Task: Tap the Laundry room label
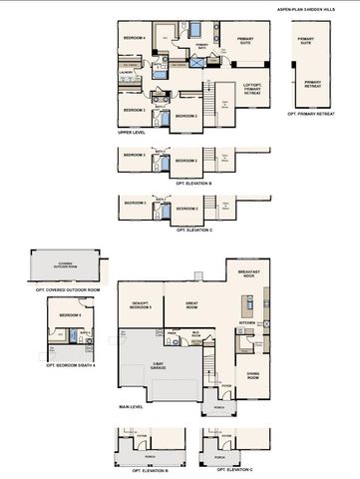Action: coord(127,72)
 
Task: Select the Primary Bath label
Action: coord(202,45)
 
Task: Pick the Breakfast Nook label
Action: coord(249,273)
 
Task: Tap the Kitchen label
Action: coord(246,322)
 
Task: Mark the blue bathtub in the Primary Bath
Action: coord(195,27)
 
